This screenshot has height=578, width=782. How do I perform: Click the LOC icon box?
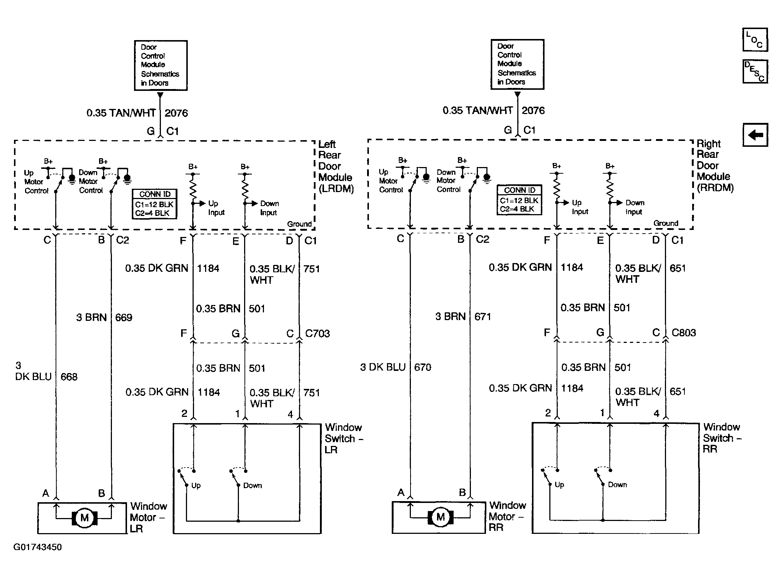[755, 39]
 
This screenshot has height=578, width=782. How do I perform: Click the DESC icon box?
[755, 71]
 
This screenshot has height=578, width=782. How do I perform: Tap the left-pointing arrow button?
[755, 135]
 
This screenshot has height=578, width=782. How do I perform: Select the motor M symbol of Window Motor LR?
[84, 518]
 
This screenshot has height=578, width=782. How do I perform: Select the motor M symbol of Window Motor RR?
[440, 517]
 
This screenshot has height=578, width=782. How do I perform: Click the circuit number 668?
[69, 377]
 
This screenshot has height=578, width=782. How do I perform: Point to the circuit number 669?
[124, 318]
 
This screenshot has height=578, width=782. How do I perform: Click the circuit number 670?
[423, 367]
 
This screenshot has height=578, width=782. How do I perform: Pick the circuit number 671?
[483, 316]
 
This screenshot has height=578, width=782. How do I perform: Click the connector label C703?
[317, 333]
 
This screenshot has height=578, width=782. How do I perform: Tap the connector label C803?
[684, 333]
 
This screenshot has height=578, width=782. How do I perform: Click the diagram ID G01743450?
[38, 547]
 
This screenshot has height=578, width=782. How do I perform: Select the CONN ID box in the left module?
[155, 204]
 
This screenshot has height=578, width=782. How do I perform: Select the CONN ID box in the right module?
[519, 200]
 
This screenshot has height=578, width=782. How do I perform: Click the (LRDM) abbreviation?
[336, 189]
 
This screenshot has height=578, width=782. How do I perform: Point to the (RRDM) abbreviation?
[715, 188]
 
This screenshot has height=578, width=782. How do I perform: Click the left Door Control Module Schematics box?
[161, 65]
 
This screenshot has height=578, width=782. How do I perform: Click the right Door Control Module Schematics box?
[517, 64]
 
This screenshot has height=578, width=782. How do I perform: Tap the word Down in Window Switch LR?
[253, 486]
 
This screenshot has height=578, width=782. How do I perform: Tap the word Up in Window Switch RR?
[559, 485]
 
